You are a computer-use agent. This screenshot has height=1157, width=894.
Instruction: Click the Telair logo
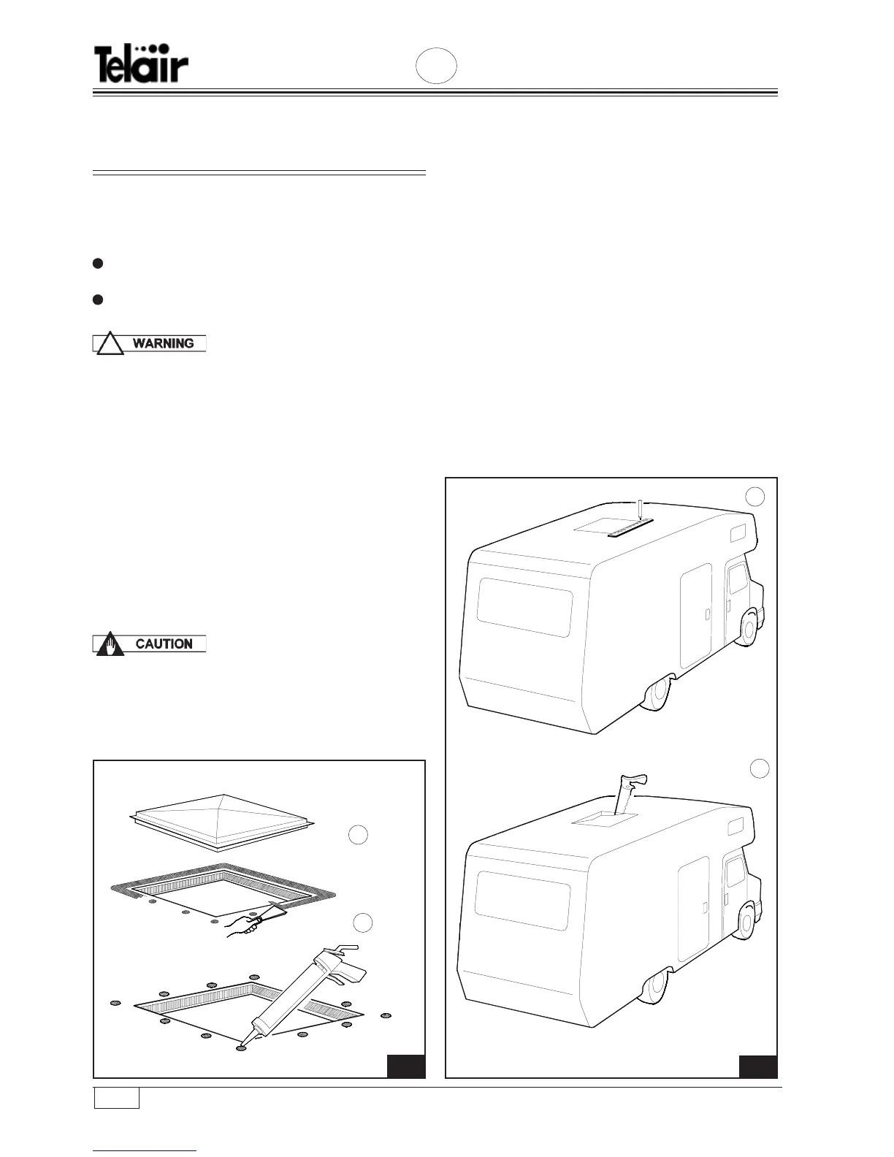pyautogui.click(x=141, y=64)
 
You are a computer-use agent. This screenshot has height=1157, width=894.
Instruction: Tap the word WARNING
pyautogui.click(x=164, y=343)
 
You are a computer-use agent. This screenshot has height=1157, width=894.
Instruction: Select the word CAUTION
pyautogui.click(x=164, y=644)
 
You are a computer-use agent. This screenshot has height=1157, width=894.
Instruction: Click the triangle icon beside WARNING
pyautogui.click(x=110, y=344)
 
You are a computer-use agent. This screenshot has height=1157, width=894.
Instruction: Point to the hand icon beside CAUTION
pyautogui.click(x=110, y=645)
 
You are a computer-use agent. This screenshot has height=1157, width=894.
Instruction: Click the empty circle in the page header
pyautogui.click(x=437, y=66)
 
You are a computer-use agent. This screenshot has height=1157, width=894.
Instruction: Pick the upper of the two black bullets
pyautogui.click(x=97, y=264)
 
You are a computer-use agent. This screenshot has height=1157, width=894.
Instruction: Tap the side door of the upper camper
pyautogui.click(x=696, y=615)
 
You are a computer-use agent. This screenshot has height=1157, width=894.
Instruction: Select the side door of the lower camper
pyautogui.click(x=695, y=908)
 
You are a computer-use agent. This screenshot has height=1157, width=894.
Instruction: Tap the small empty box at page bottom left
pyautogui.click(x=117, y=1098)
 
